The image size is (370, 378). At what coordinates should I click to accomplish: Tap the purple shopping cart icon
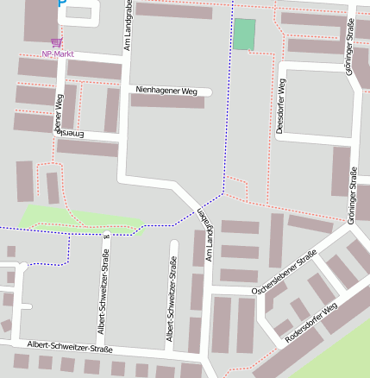click(57, 41)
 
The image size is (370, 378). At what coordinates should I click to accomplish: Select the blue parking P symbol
click(60, 3)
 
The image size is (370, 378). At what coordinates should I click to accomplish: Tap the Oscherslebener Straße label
click(284, 274)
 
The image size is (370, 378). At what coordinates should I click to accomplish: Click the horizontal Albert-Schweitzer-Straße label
click(70, 346)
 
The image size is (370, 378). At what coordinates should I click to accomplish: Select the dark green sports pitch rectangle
click(244, 35)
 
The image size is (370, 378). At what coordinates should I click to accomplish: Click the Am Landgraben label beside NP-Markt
click(126, 26)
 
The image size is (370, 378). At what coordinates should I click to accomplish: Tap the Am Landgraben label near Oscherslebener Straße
click(204, 236)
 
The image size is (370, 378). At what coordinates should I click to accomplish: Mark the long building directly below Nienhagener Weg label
click(167, 102)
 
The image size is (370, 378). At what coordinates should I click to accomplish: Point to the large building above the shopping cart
click(41, 19)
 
